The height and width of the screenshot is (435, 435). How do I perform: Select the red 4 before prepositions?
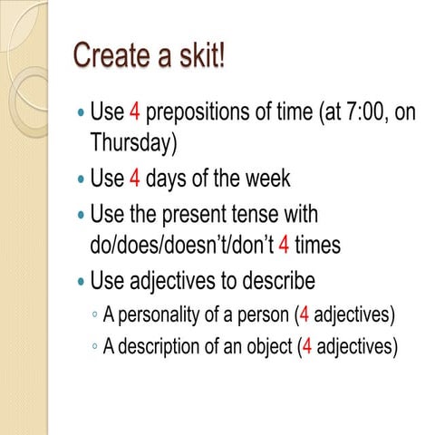[x=134, y=113]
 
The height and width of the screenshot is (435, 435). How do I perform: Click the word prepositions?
[x=208, y=113]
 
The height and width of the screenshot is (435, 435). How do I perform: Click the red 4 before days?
[x=134, y=179]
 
